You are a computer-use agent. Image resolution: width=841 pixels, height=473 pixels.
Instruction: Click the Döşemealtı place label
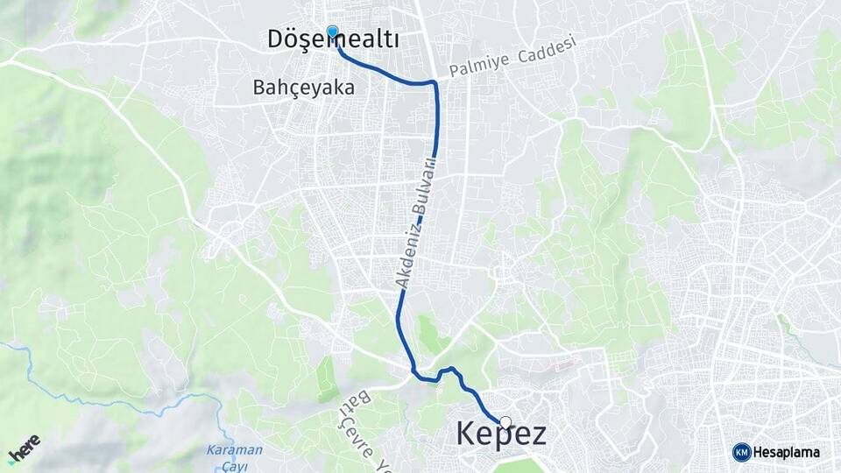click(x=333, y=39)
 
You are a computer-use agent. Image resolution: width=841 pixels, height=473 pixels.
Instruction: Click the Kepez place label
click(x=501, y=434)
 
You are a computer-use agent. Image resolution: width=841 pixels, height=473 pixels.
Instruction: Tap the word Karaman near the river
click(x=234, y=450)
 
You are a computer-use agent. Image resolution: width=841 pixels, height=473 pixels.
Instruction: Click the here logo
click(x=24, y=448)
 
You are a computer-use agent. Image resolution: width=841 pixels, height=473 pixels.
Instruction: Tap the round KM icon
click(x=741, y=452)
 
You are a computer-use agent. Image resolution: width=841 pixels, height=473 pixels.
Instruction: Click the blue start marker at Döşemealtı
click(x=332, y=32)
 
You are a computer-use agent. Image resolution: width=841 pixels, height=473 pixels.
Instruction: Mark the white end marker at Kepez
click(x=505, y=422)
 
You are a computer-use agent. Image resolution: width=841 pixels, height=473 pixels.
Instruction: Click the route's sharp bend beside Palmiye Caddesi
click(x=435, y=84)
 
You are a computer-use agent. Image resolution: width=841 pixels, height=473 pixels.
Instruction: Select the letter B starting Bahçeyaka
click(x=258, y=88)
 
